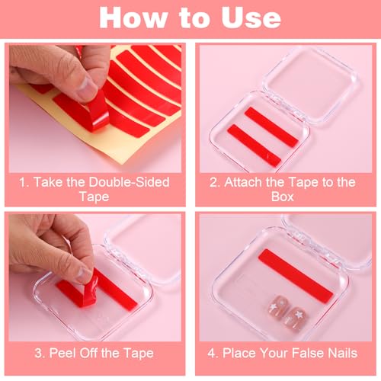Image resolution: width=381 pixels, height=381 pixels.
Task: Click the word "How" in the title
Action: point(133,18)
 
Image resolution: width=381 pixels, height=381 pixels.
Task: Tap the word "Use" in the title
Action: point(251,18)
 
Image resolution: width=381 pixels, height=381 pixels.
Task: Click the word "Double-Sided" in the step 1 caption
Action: point(130,182)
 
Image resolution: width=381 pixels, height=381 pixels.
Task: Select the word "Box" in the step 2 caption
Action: point(283,197)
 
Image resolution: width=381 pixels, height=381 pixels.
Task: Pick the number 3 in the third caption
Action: point(39,353)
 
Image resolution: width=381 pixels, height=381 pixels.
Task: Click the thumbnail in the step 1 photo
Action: point(86,88)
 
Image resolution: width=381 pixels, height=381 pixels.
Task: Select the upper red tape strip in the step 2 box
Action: point(271,126)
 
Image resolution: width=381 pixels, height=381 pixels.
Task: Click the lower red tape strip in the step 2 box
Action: point(254,145)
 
